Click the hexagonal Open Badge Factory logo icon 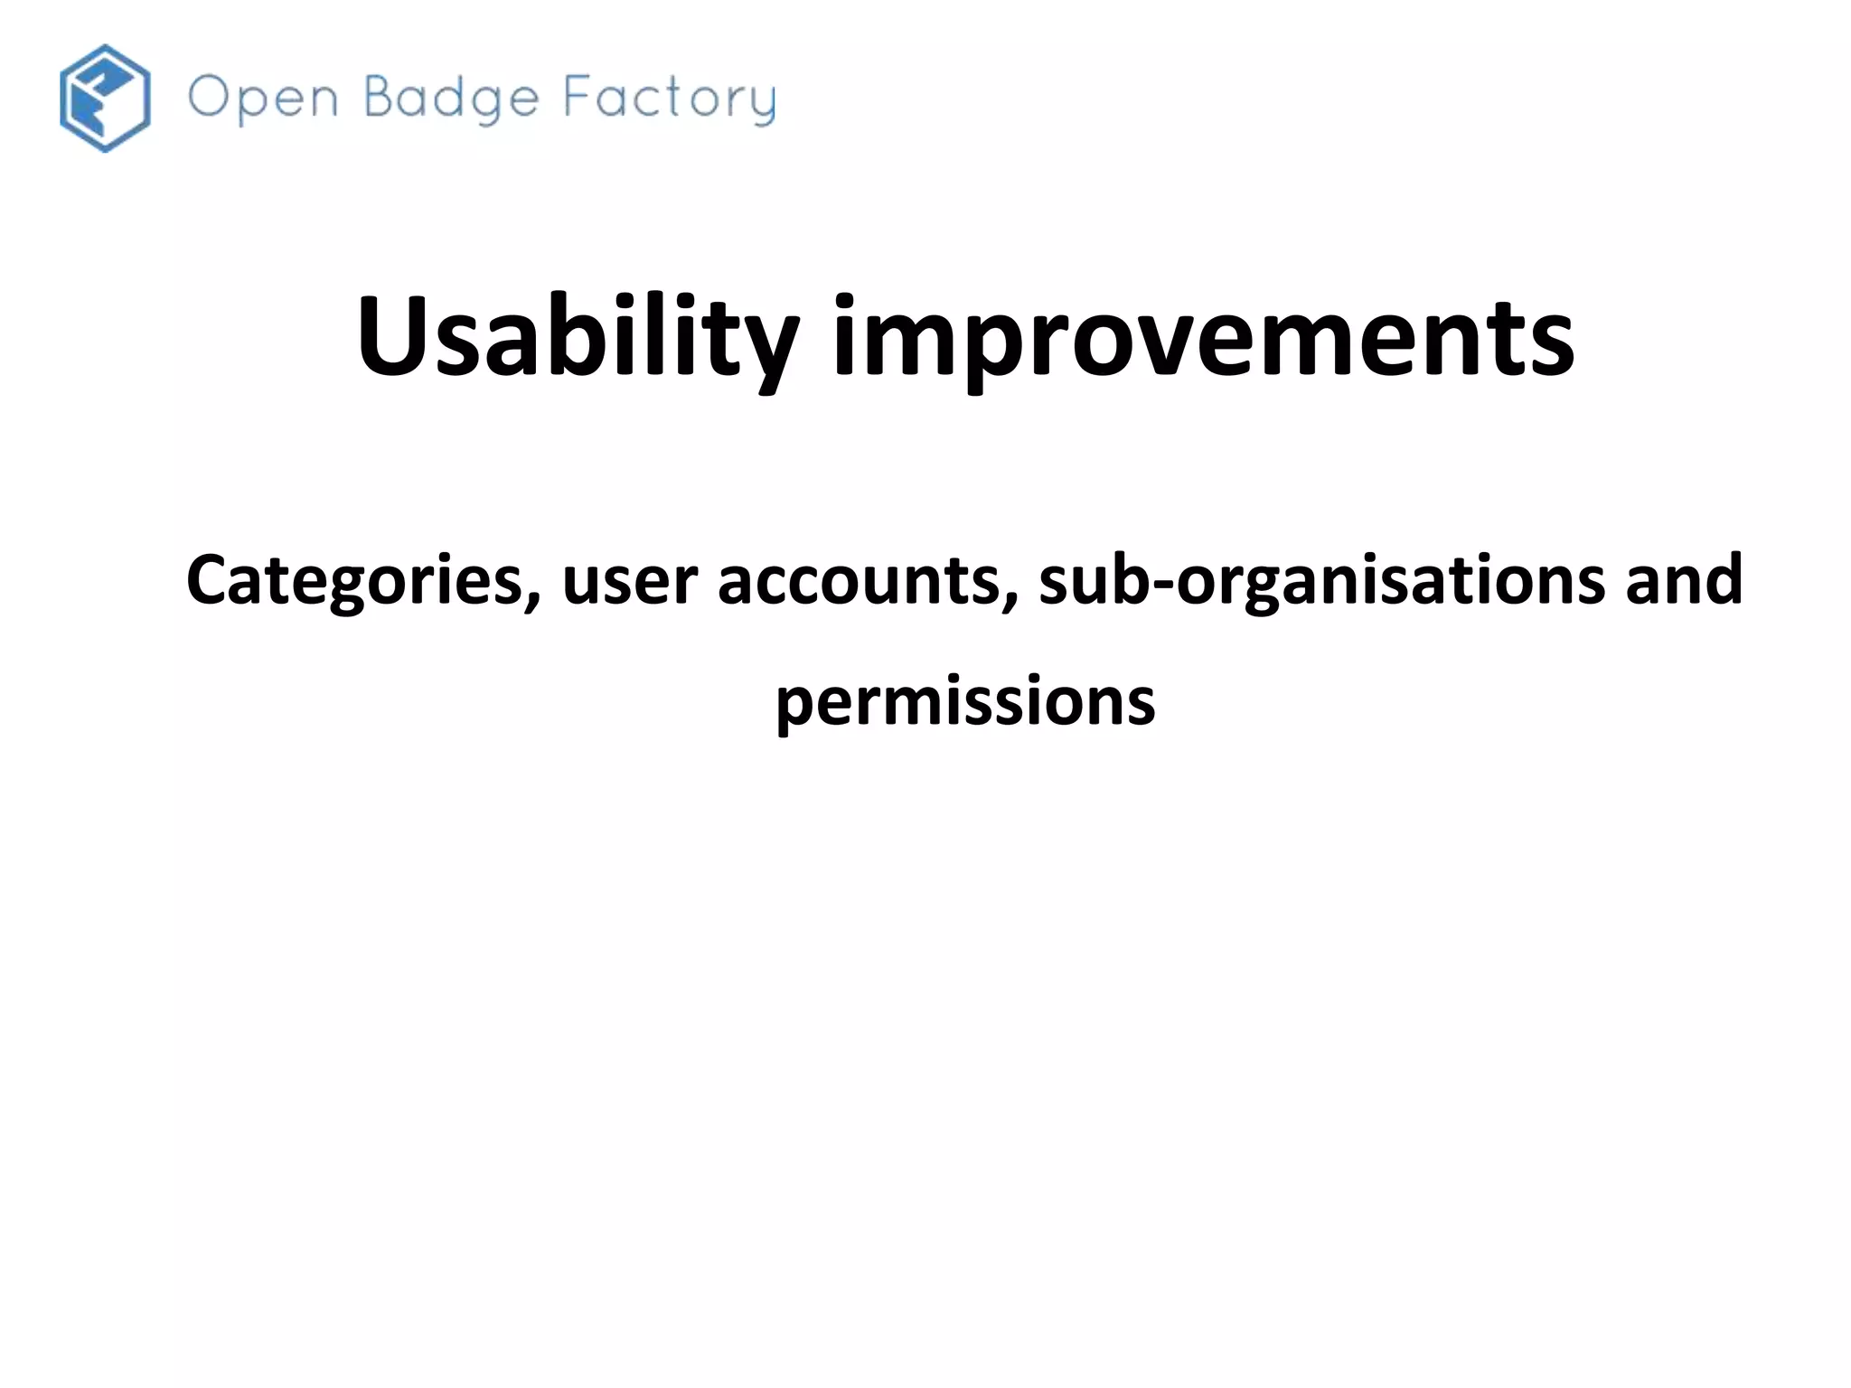click(x=105, y=98)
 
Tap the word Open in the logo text click(x=262, y=98)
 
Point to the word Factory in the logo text click(x=669, y=98)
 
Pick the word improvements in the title click(x=1202, y=336)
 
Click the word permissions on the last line click(x=965, y=701)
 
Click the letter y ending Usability click(x=776, y=348)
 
